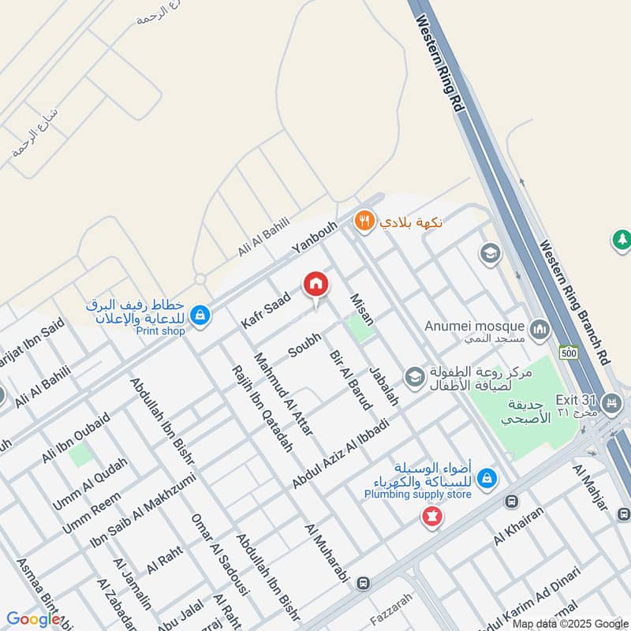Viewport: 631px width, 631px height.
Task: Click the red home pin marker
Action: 315,285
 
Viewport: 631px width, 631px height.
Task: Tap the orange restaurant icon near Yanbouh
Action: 363,221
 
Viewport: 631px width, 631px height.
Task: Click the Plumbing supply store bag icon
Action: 487,477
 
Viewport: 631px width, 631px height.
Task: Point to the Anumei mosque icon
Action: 540,327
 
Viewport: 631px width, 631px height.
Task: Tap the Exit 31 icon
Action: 611,405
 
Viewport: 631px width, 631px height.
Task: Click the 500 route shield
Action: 568,353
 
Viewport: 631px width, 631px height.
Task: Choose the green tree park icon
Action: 621,240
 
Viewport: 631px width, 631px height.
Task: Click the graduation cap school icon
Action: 489,253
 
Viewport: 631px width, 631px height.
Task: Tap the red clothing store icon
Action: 431,517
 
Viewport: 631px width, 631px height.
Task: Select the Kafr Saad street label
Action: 267,310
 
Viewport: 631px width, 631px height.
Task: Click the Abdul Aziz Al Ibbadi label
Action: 341,454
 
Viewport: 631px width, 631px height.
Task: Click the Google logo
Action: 33,619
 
